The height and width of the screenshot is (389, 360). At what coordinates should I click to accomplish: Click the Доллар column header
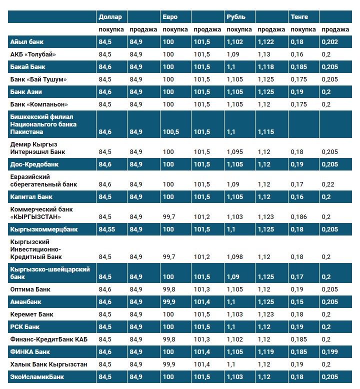[x=110, y=17]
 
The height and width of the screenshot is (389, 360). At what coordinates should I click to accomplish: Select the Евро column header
[x=169, y=17]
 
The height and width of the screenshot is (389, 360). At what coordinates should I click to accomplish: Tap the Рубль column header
[x=236, y=17]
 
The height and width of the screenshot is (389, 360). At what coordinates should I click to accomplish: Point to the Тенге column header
[x=298, y=17]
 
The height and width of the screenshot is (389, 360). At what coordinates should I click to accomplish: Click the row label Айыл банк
[x=27, y=42]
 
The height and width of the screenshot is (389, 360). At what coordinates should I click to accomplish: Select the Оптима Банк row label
[x=30, y=289]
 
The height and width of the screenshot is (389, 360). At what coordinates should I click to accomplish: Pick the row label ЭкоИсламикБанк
[x=37, y=377]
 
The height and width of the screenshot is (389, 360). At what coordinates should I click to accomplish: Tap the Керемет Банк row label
[x=32, y=314]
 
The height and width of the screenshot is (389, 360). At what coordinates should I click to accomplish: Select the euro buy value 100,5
[x=170, y=132]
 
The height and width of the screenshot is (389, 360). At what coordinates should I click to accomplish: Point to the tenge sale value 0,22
[x=328, y=184]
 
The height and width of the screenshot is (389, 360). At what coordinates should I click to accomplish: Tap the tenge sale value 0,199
[x=330, y=352]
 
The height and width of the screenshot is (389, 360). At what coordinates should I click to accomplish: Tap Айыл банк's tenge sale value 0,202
[x=330, y=42]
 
